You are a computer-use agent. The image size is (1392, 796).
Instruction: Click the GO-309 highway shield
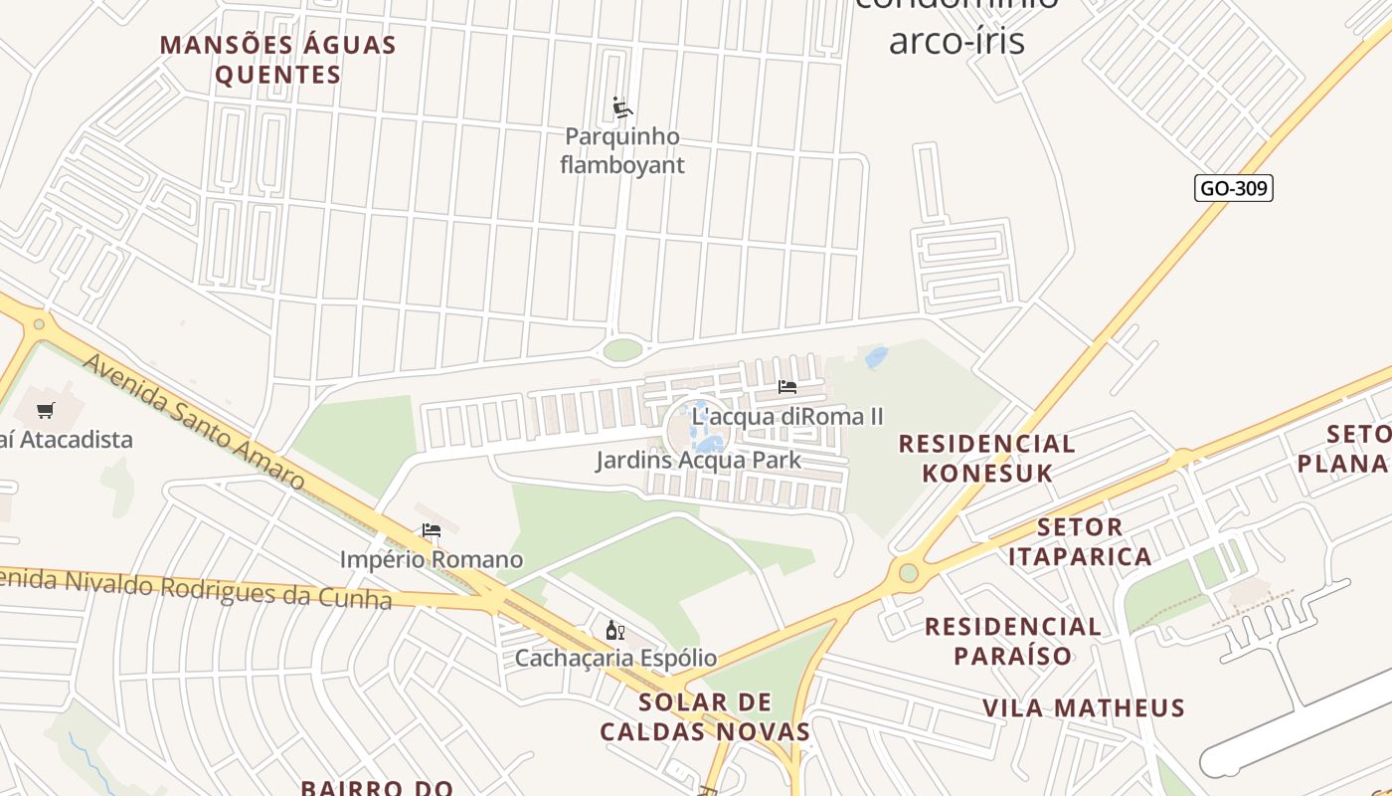coord(1233,188)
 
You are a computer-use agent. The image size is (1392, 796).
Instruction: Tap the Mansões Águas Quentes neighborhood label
coord(278,60)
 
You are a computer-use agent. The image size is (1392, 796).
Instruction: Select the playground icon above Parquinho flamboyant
coord(622,107)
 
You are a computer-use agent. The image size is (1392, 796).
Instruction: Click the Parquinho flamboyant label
coord(622,150)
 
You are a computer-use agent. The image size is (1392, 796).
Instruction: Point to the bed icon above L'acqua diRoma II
coord(787,387)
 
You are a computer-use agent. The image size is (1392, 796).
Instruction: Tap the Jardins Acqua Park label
coord(698,460)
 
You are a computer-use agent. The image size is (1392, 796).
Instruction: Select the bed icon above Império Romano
coord(432,530)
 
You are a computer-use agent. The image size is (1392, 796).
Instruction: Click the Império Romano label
coord(432,559)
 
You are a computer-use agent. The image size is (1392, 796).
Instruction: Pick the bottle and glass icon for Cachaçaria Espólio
coord(615,630)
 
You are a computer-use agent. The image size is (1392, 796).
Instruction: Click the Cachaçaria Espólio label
coord(615,658)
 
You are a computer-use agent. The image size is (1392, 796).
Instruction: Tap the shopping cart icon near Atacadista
coord(45,410)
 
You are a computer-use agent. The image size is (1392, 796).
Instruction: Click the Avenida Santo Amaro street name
coord(193,422)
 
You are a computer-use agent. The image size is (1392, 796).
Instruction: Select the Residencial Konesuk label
coord(986,458)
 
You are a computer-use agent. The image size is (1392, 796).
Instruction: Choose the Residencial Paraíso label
coord(1013,641)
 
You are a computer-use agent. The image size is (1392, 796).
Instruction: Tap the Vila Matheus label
coord(1084,707)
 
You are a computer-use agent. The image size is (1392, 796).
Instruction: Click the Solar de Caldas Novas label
coord(704,716)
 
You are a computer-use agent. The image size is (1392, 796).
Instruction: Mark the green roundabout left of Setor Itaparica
coord(908,572)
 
